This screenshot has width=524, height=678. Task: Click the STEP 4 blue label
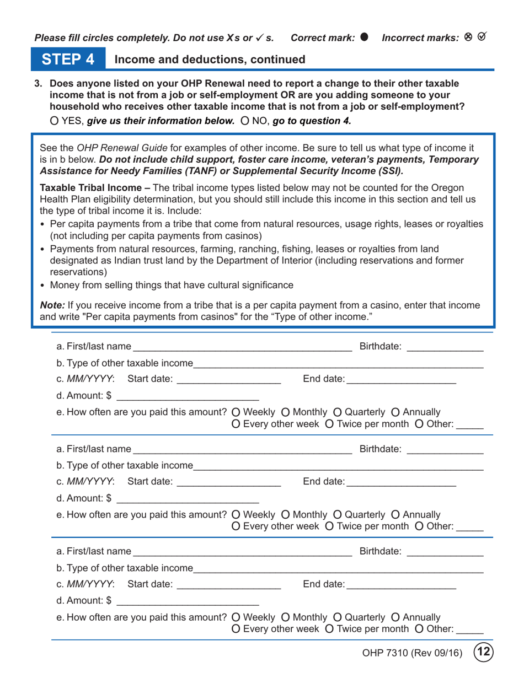(x=68, y=59)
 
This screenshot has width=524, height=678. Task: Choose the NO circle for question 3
(x=245, y=121)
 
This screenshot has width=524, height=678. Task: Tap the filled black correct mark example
(x=363, y=37)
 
